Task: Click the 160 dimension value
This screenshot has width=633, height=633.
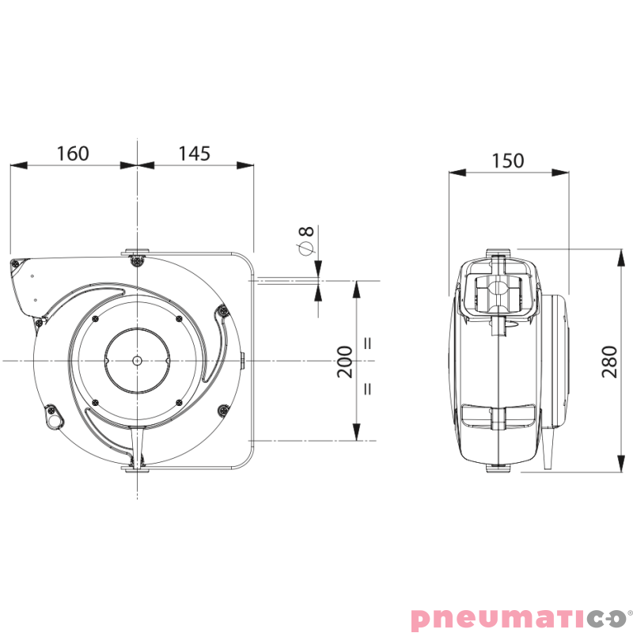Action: pos(73,154)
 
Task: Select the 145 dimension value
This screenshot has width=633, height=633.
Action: pos(194,154)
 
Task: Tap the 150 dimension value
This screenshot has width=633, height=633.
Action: pos(508,161)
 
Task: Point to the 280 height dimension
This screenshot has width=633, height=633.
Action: pos(609,362)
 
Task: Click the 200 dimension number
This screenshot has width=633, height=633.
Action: pos(345,362)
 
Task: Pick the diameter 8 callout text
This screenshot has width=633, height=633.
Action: pos(306,241)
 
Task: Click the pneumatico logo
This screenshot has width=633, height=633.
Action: pos(521,618)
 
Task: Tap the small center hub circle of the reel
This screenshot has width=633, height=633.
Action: pos(137,360)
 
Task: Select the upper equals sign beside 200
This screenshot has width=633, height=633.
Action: pos(368,343)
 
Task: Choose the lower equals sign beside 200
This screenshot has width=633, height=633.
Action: pos(368,389)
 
